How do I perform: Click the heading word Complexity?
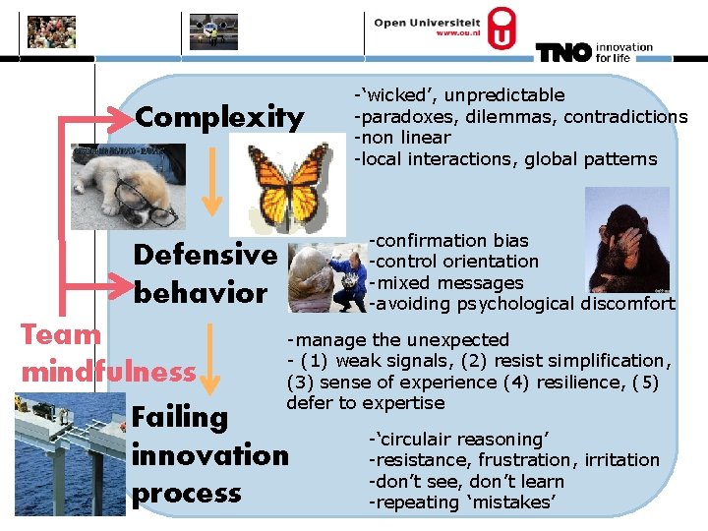pyautogui.click(x=219, y=118)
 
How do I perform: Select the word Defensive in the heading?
pyautogui.click(x=205, y=255)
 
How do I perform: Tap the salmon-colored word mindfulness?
pyautogui.click(x=108, y=372)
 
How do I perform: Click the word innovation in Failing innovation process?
pyautogui.click(x=209, y=455)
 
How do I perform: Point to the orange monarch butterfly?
pyautogui.click(x=287, y=182)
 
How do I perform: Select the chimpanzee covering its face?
pyautogui.click(x=626, y=240)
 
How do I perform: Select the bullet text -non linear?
pyautogui.click(x=402, y=138)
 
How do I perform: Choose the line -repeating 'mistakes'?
pyautogui.click(x=461, y=502)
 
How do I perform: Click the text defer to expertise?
pyautogui.click(x=365, y=403)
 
